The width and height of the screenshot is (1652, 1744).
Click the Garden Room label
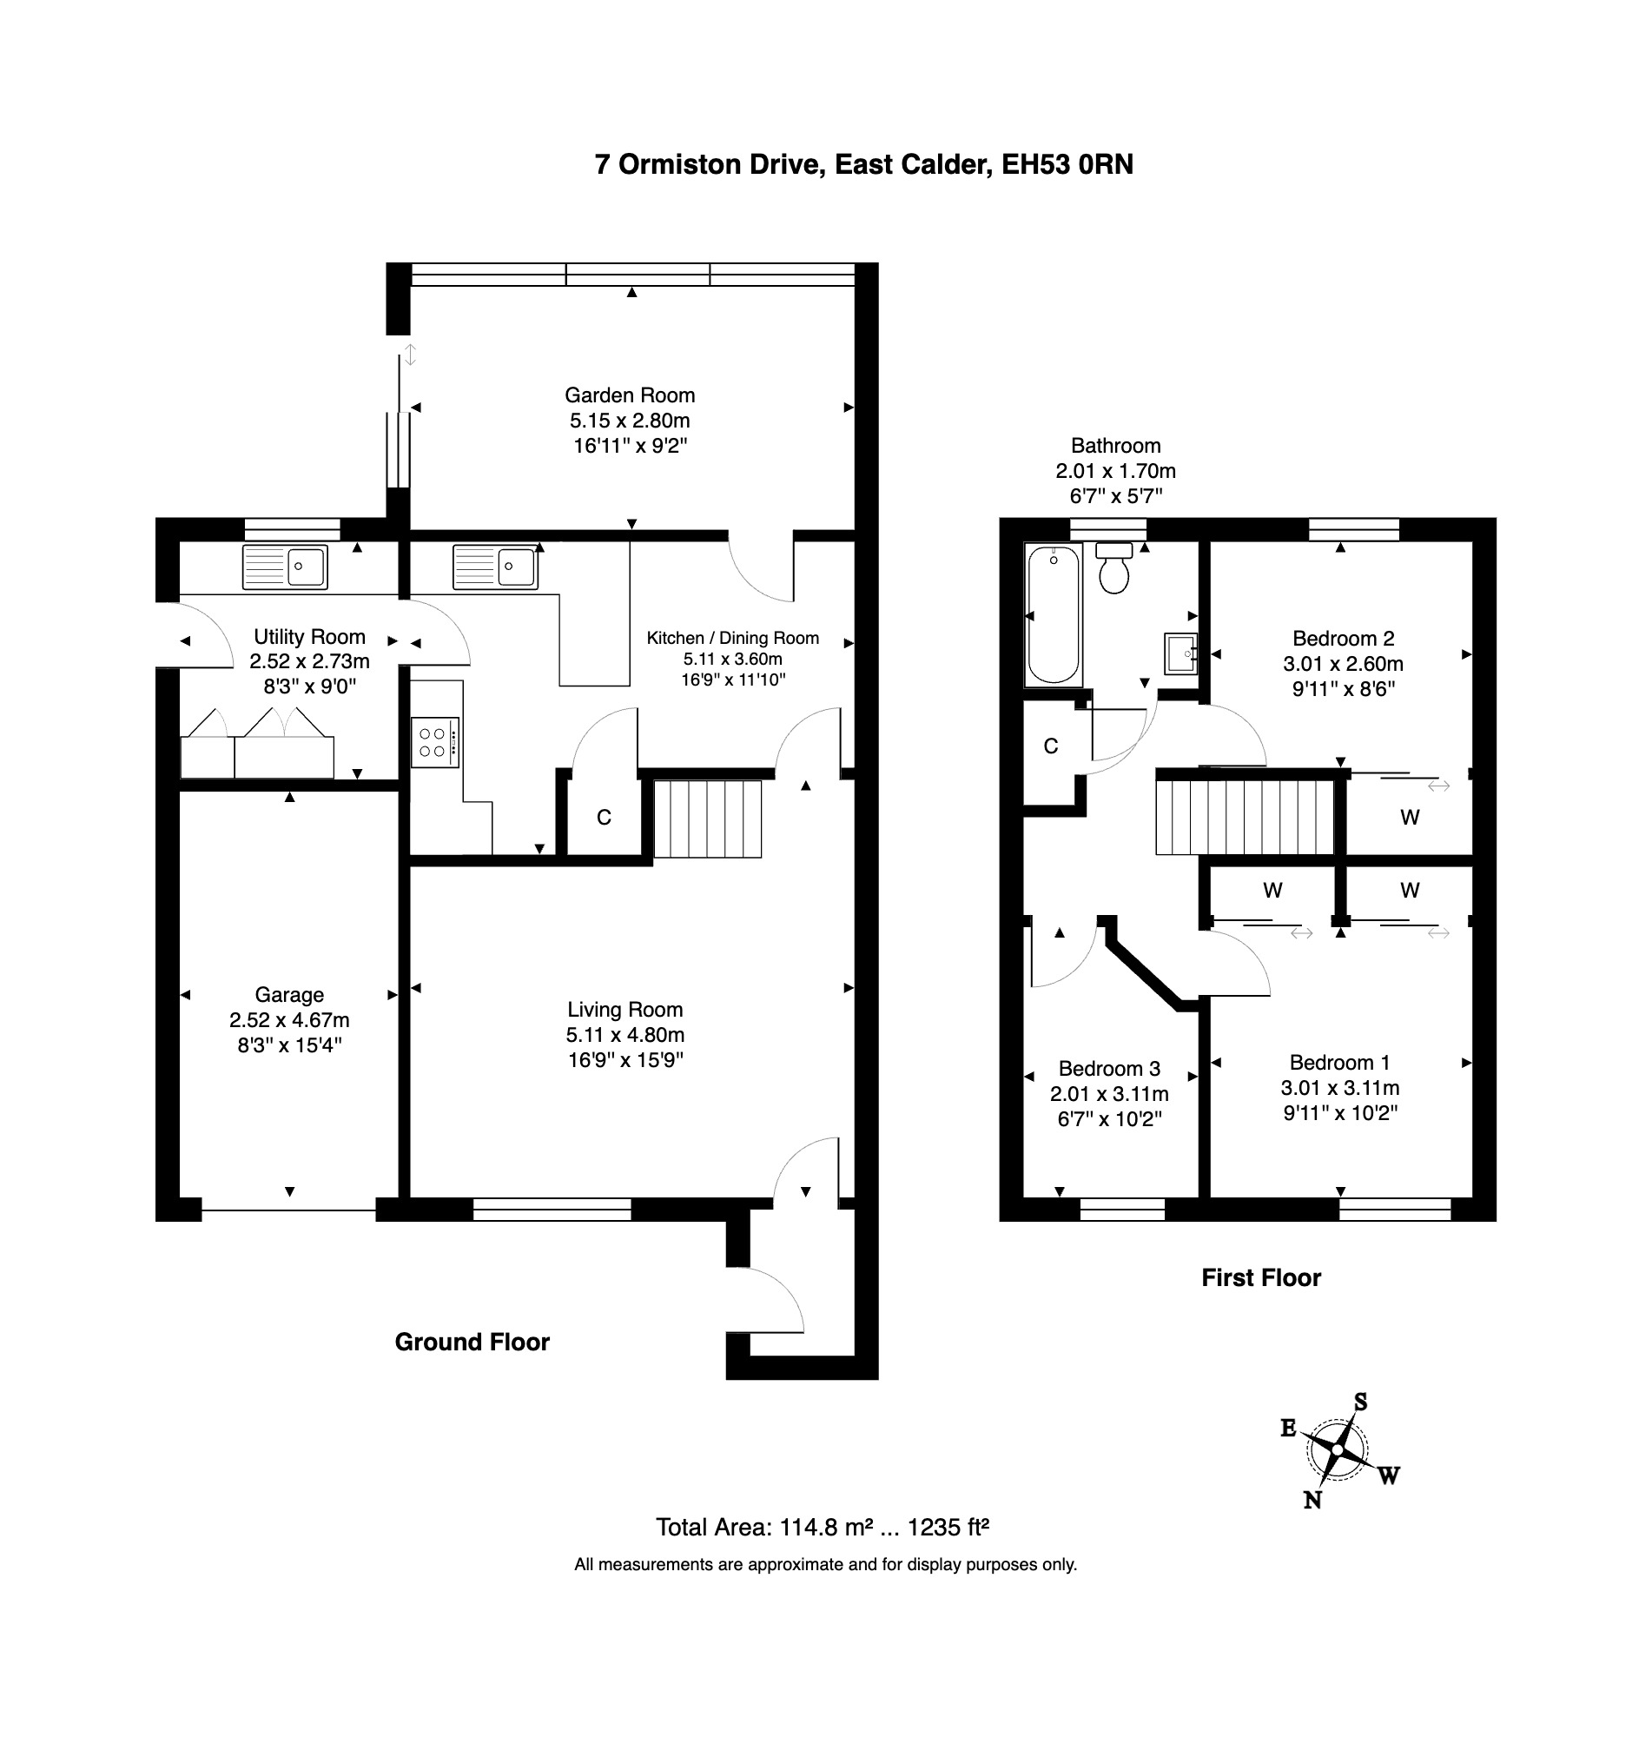[630, 395]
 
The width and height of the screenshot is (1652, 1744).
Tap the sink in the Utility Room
[285, 567]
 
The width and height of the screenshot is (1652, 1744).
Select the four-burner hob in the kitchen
[435, 742]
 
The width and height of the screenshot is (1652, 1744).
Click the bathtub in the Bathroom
[1054, 615]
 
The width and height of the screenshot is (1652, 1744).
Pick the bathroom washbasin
[1181, 653]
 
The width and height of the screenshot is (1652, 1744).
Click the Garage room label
[290, 994]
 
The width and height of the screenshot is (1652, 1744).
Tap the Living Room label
[625, 1010]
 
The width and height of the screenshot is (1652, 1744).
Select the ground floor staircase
[707, 819]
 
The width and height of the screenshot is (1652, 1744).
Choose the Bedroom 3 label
[1109, 1069]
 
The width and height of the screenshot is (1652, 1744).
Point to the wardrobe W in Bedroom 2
[1410, 818]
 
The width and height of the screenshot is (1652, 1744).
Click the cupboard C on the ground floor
[605, 818]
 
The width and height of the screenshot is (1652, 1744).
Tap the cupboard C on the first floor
[1051, 746]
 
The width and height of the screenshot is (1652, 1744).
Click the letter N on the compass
[1312, 1501]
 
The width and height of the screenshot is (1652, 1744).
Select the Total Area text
[823, 1527]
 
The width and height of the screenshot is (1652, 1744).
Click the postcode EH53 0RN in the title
[1067, 165]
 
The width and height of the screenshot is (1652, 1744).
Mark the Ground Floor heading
[472, 1342]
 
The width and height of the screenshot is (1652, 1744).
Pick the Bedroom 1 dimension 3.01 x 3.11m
[1340, 1088]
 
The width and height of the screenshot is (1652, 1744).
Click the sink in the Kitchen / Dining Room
[495, 567]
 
